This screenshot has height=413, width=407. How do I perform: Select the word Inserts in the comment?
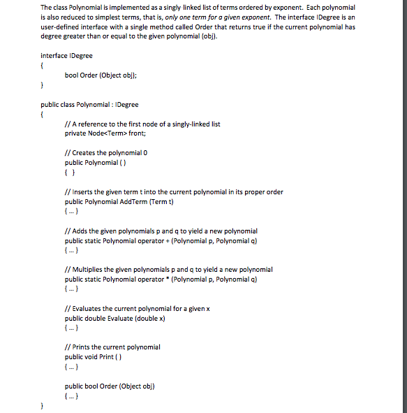click(x=83, y=192)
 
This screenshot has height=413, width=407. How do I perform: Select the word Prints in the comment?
click(x=80, y=347)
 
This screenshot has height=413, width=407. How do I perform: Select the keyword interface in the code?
click(x=54, y=55)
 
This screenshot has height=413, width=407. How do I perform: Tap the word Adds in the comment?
click(x=79, y=231)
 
